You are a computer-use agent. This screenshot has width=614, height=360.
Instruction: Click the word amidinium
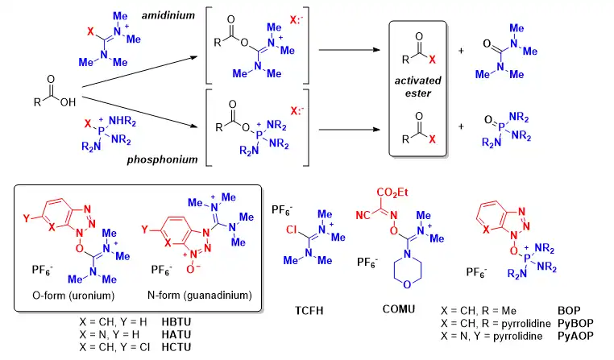pyautogui.click(x=168, y=15)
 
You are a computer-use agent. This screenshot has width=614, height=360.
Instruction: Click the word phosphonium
pyautogui.click(x=162, y=159)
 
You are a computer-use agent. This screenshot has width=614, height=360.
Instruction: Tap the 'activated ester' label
pyautogui.click(x=418, y=87)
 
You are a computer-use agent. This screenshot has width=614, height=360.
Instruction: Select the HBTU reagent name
pyautogui.click(x=176, y=322)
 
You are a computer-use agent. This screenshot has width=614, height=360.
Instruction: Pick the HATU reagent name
pyautogui.click(x=176, y=335)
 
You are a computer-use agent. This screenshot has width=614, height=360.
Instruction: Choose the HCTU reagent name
pyautogui.click(x=176, y=347)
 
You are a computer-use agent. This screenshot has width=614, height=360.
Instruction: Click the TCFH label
pyautogui.click(x=309, y=311)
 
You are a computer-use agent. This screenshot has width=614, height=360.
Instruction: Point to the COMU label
pyautogui.click(x=399, y=309)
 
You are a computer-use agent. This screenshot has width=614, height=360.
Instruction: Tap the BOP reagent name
pyautogui.click(x=569, y=311)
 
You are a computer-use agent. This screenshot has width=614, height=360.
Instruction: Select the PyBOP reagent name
pyautogui.click(x=575, y=324)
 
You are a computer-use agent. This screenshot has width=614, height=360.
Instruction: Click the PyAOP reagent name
pyautogui.click(x=575, y=336)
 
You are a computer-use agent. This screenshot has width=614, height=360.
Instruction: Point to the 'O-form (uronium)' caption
pyautogui.click(x=73, y=296)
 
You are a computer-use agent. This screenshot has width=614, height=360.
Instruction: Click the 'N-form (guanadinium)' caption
pyautogui.click(x=200, y=295)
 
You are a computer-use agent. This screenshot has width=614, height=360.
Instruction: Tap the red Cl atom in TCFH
pyautogui.click(x=292, y=230)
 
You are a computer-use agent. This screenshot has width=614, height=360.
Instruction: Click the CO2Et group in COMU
pyautogui.click(x=392, y=192)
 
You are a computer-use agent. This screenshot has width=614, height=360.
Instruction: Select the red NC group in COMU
pyautogui.click(x=363, y=215)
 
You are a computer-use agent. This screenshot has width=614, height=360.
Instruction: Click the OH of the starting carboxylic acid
pyautogui.click(x=68, y=102)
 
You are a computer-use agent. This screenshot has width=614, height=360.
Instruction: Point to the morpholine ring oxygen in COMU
pyautogui.click(x=407, y=284)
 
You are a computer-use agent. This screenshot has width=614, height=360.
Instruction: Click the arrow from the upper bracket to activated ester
pyautogui.click(x=349, y=50)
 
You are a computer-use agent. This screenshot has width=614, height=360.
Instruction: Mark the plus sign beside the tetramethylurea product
pyautogui.click(x=461, y=51)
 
